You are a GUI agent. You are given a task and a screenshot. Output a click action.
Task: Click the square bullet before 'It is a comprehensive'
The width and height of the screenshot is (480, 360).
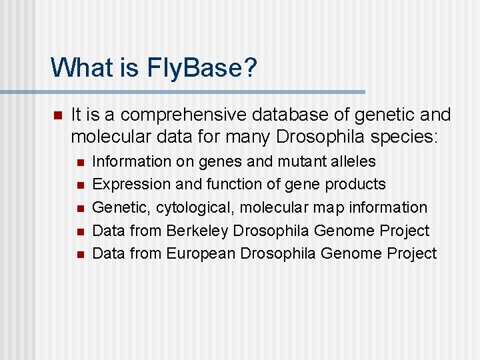(x=57, y=116)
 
